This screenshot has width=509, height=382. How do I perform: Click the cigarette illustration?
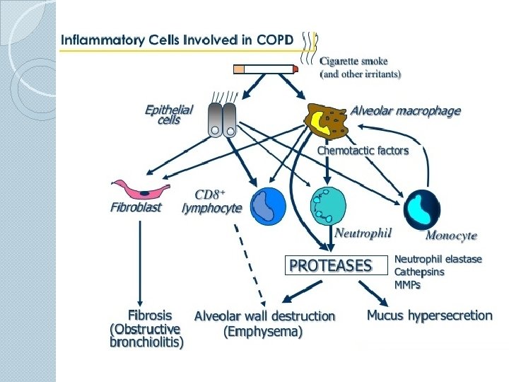266,69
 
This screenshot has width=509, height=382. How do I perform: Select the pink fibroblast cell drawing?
140,189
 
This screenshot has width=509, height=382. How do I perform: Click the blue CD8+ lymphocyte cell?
268,206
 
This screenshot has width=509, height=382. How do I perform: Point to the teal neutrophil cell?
328,205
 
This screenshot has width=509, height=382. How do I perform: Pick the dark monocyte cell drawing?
422,210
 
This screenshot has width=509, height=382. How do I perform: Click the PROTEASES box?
337,265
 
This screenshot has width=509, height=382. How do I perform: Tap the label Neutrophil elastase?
438,259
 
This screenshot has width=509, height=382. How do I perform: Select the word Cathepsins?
419,272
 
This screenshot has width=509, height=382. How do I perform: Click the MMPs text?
407,285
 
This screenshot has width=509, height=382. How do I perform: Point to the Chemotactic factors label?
363,151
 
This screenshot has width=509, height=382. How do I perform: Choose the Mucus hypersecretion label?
430,315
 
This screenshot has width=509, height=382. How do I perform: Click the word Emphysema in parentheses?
263,331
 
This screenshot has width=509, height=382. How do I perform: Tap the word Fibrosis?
150,315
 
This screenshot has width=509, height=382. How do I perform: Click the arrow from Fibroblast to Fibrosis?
140,263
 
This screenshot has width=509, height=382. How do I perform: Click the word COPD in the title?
275,40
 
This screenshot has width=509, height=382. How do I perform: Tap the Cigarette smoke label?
353,61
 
